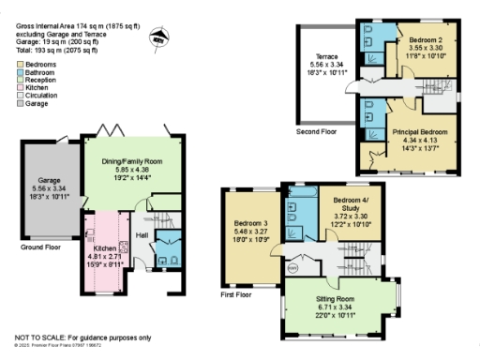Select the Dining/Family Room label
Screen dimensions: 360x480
tap(132, 161)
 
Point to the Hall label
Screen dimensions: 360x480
tap(142, 235)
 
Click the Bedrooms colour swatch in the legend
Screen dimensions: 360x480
tap(19, 63)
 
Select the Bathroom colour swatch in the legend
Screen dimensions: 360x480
tap(19, 71)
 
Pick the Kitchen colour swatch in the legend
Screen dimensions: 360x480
tap(19, 86)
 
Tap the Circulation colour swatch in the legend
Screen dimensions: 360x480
tap(19, 94)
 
